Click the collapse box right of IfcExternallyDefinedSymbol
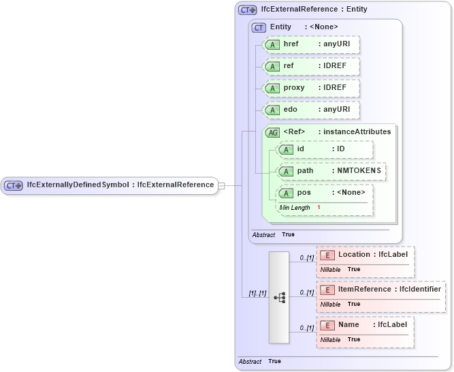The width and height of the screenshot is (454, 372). click(x=221, y=185)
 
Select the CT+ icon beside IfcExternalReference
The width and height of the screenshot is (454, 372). click(x=247, y=10)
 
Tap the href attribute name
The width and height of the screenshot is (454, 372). click(x=291, y=44)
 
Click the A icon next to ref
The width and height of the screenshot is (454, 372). click(x=272, y=66)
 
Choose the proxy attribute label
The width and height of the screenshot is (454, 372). click(x=294, y=88)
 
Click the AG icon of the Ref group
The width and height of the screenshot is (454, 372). click(x=272, y=132)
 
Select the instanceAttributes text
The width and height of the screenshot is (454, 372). click(x=357, y=131)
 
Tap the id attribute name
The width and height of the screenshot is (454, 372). click(x=300, y=149)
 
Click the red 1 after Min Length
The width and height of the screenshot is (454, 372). click(x=319, y=207)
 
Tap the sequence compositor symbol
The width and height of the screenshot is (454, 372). click(x=279, y=298)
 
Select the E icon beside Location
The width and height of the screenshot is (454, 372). click(x=327, y=255)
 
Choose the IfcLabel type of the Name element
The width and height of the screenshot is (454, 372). click(x=392, y=325)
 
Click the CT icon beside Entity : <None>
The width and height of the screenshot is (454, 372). click(x=259, y=27)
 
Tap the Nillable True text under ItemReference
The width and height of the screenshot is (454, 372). click(x=340, y=304)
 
